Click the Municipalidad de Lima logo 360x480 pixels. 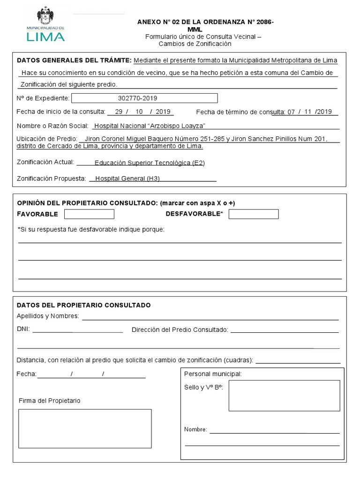pyautogui.click(x=45, y=24)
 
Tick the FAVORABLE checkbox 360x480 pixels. pyautogui.click(x=89, y=214)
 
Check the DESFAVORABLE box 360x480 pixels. pyautogui.click(x=254, y=214)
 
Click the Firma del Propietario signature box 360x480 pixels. pyautogui.click(x=85, y=428)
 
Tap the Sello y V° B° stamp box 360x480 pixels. pyautogui.click(x=284, y=396)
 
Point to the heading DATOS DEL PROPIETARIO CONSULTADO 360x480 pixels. pyautogui.click(x=84, y=305)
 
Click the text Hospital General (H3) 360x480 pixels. pyautogui.click(x=127, y=179)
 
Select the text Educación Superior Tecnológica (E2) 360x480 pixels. pyautogui.click(x=150, y=163)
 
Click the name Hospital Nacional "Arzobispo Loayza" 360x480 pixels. pyautogui.click(x=150, y=126)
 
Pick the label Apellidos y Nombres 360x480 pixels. pyautogui.click(x=48, y=316)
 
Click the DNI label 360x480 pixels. pyautogui.click(x=23, y=330)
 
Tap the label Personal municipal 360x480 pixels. pyautogui.click(x=213, y=374)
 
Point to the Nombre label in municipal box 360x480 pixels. pyautogui.click(x=195, y=429)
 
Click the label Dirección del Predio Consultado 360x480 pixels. pyautogui.click(x=180, y=330)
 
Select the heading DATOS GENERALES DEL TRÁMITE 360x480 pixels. pyautogui.click(x=74, y=60)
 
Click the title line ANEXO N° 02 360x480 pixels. pyautogui.click(x=205, y=22)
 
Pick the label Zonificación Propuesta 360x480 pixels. pyautogui.click(x=52, y=179)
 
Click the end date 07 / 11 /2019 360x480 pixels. pyautogui.click(x=309, y=112)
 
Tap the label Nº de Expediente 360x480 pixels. pyautogui.click(x=43, y=98)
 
